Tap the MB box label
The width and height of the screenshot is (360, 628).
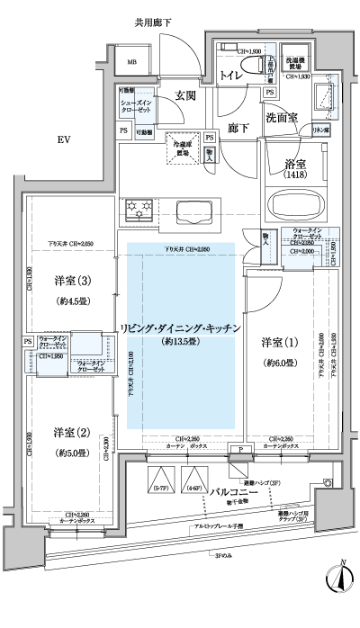point(131,62)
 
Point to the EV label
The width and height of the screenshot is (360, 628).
point(64,140)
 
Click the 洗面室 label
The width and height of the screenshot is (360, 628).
point(283,118)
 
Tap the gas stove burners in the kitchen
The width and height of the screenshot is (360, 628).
point(140,210)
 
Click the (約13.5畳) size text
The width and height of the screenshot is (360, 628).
point(182,343)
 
